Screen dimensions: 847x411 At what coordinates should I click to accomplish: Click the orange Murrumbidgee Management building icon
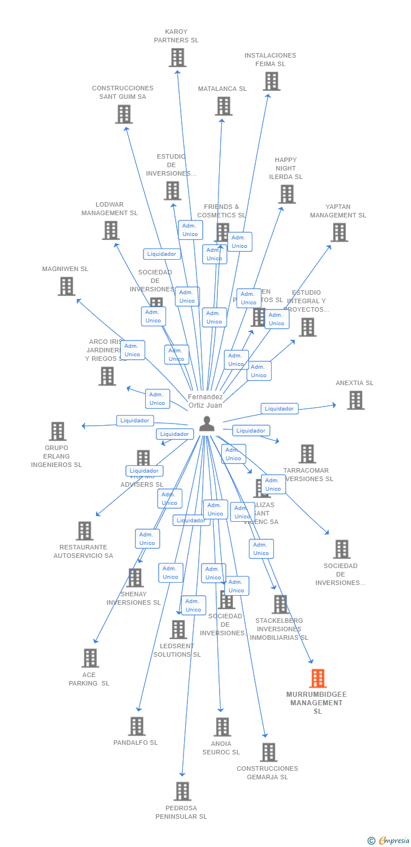coord(318,678)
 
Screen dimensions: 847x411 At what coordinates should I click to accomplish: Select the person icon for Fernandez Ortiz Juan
coord(207,423)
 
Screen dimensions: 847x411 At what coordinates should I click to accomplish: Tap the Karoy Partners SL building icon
coord(177,58)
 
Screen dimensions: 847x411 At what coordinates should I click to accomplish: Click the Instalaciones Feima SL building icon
coord(271,81)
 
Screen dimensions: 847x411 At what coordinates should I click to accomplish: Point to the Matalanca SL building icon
coord(223,106)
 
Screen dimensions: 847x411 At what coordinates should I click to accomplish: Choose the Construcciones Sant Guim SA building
coord(124,114)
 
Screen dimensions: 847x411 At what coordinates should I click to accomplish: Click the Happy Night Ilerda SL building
coord(286,194)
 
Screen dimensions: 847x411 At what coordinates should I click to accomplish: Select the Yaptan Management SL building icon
coord(339,232)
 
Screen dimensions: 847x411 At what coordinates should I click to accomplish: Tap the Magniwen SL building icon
coord(66,286)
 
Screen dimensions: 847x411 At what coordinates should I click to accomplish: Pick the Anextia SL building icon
coord(355,400)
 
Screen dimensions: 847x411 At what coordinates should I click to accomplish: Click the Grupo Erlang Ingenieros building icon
coord(57,431)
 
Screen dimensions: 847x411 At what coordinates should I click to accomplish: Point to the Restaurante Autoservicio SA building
coord(84,531)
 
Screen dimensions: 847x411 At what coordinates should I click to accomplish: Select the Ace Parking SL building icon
coord(90,658)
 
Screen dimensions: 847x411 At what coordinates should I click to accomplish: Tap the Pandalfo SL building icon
coord(137,726)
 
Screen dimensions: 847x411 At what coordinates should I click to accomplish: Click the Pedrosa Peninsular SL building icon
coord(182,792)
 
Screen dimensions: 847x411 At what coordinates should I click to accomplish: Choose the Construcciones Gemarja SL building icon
coord(268,752)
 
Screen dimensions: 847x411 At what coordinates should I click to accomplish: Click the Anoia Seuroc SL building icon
coord(222,727)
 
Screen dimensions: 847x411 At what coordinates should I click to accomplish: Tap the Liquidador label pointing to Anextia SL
coord(279,408)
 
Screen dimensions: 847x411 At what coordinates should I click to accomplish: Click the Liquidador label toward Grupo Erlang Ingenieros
coord(135,420)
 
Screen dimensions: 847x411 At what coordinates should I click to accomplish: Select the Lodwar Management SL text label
coord(110,209)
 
